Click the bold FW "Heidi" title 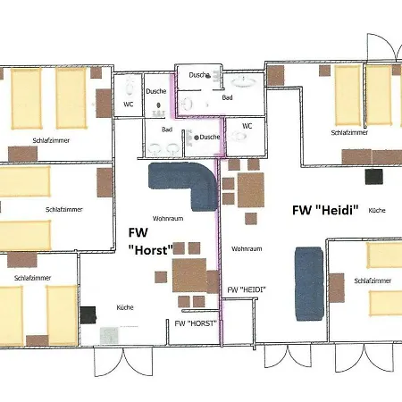(325, 210)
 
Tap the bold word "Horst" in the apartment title (151, 250)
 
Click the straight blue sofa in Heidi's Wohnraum (309, 284)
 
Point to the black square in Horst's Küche (88, 314)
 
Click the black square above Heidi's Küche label (374, 177)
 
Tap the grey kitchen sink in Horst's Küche (109, 336)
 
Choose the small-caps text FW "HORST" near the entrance (196, 323)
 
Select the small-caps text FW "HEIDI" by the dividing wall (247, 289)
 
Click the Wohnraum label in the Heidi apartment (247, 248)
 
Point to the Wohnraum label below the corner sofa (168, 219)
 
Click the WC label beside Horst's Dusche (129, 105)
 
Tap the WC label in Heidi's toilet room (247, 126)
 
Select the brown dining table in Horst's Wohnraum (189, 275)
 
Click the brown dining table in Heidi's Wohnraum (251, 190)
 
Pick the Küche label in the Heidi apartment (377, 210)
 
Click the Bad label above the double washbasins (167, 130)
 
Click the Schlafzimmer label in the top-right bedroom (349, 132)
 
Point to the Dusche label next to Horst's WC (156, 91)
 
